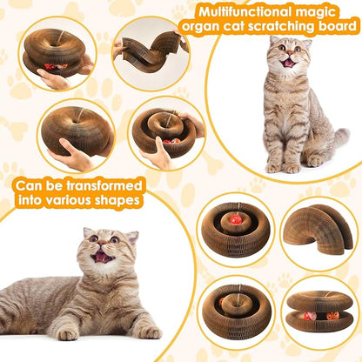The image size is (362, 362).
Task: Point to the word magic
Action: point(329,12)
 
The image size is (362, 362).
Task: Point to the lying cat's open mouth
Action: point(104,258)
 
